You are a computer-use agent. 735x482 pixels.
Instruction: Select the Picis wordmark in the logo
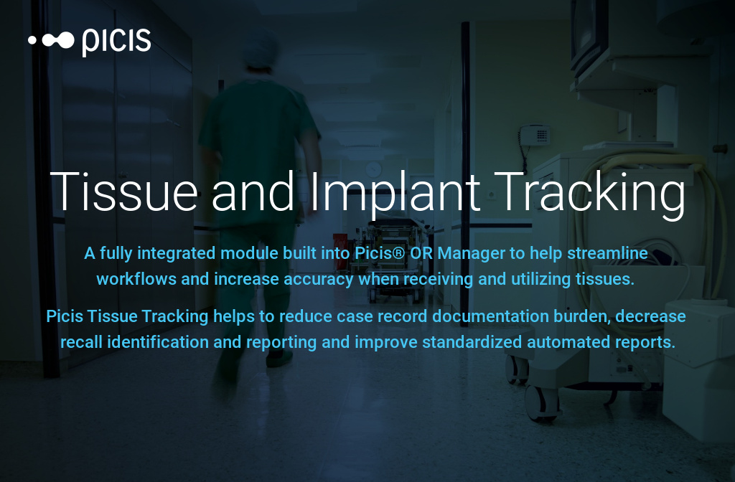tap(116, 41)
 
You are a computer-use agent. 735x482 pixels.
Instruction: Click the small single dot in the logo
tap(32, 41)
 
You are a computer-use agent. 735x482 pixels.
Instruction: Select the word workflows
tap(136, 279)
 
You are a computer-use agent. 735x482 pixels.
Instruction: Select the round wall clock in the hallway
tap(373, 169)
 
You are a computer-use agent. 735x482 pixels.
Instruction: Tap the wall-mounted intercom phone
tap(535, 134)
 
